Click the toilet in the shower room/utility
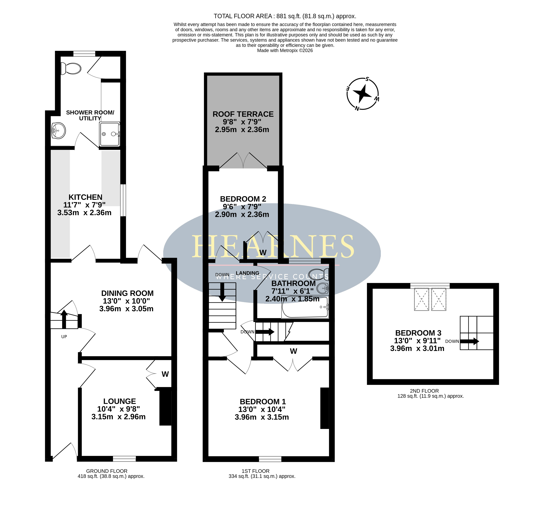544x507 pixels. point(71,68)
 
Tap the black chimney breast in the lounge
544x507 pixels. point(165,406)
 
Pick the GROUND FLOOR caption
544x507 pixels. point(107,471)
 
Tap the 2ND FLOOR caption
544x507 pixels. point(424,391)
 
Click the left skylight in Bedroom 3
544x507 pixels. point(421,299)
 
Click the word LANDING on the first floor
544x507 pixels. point(247,273)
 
